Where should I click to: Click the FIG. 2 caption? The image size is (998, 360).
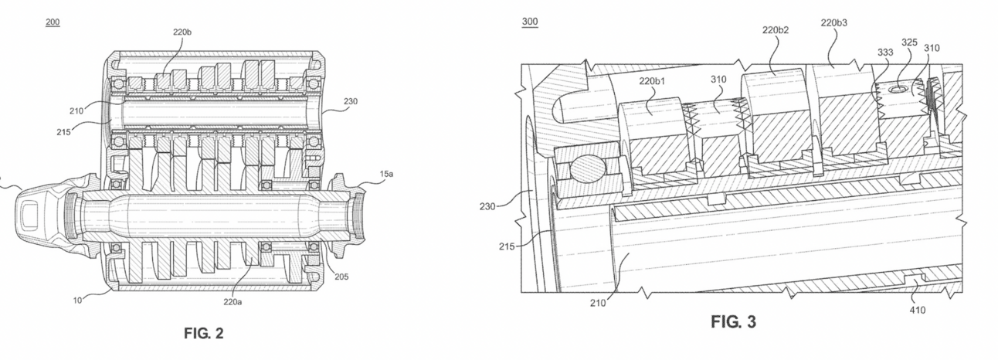tap(204, 333)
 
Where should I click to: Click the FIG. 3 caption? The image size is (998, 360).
tap(733, 321)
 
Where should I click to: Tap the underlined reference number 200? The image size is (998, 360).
tap(53, 22)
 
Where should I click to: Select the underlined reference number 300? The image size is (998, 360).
tap(530, 22)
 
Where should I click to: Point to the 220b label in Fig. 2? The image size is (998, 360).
tap(182, 32)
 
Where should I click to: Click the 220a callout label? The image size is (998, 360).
tap(233, 302)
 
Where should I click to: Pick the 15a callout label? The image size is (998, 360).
tap(386, 174)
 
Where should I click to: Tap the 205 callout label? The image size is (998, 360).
tap(341, 277)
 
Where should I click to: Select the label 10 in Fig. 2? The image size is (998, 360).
tap(77, 301)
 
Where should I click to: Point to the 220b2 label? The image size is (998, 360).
tap(776, 30)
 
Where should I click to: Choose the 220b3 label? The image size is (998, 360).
tap(834, 22)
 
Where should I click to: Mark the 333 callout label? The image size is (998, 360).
tap(885, 52)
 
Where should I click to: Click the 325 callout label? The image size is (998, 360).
tap(909, 42)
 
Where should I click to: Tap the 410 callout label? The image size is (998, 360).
tap(918, 310)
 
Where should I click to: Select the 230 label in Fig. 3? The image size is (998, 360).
tap(487, 206)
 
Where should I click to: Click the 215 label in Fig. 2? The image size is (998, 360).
tap(63, 132)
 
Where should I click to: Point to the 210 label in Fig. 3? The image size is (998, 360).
tap(598, 303)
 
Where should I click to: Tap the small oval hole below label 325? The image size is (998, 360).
tap(897, 90)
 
